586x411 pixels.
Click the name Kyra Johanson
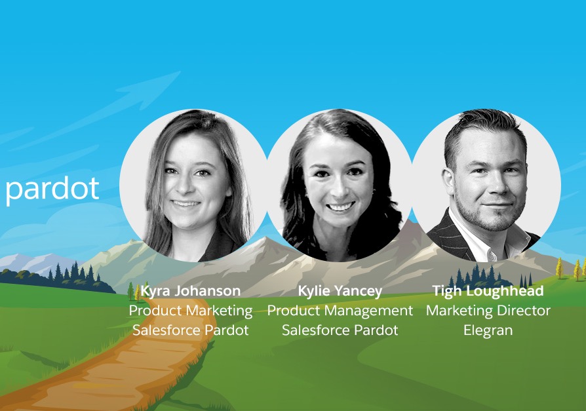click(x=191, y=291)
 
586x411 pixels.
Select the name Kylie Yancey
click(x=340, y=291)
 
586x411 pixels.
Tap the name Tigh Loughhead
click(x=488, y=291)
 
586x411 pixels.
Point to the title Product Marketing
click(x=191, y=311)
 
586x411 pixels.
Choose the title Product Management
click(x=340, y=311)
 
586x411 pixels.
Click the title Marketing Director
click(x=488, y=311)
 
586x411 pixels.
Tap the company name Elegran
click(x=488, y=330)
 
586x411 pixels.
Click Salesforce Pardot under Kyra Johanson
click(x=191, y=330)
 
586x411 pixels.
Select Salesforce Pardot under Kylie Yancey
click(x=340, y=330)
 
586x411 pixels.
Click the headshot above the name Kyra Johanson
click(x=193, y=186)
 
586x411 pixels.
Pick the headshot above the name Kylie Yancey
click(x=340, y=186)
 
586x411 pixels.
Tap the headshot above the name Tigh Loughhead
click(x=486, y=186)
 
